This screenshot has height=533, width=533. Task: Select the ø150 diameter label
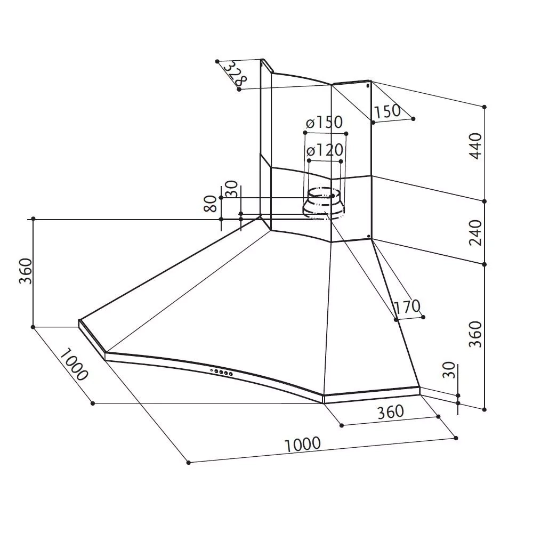(x=324, y=123)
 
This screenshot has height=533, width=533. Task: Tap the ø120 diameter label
(x=324, y=150)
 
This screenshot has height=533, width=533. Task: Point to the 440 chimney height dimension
(x=475, y=146)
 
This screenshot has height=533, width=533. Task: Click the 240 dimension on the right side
(x=475, y=232)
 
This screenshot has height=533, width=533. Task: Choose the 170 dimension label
(x=407, y=306)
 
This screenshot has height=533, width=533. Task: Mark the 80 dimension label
(x=211, y=204)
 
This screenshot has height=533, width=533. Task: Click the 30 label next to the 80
(x=231, y=189)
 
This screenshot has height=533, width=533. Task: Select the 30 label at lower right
(x=449, y=370)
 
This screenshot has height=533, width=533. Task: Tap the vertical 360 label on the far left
(x=25, y=271)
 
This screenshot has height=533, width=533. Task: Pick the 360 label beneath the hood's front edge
(x=391, y=411)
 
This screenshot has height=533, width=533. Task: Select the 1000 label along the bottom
(x=303, y=445)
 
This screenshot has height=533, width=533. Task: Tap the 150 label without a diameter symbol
(x=387, y=111)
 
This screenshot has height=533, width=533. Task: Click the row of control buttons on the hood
(x=222, y=373)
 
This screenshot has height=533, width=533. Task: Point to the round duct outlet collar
(x=324, y=204)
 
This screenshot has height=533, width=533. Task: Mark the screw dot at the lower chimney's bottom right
(x=368, y=236)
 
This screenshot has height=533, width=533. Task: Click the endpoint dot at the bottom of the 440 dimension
(x=484, y=201)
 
